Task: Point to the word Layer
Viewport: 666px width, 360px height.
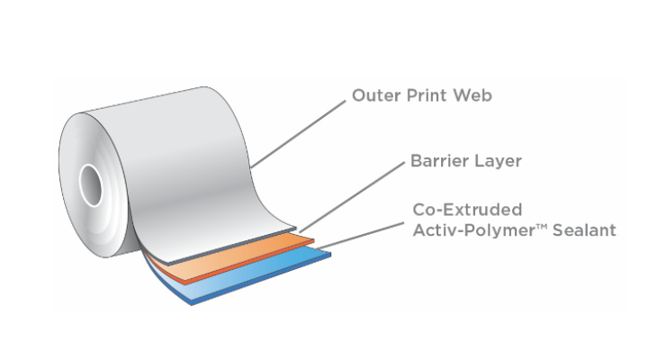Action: point(497,163)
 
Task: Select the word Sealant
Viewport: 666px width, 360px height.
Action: point(586,230)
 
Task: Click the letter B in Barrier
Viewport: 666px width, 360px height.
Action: point(416,162)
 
